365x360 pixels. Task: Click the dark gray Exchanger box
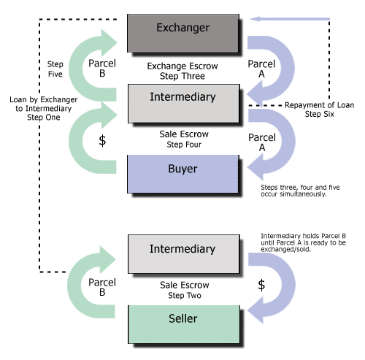point(183,29)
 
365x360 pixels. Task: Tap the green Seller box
point(183,320)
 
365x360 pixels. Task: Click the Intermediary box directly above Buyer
point(183,99)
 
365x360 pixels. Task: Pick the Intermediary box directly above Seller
point(183,250)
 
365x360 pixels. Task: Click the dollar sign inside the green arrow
point(102,141)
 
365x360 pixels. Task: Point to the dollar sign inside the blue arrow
point(263,283)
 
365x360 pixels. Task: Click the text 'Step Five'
point(45,69)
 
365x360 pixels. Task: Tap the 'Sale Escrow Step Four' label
point(183,139)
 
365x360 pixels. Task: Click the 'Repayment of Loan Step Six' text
point(319,110)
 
